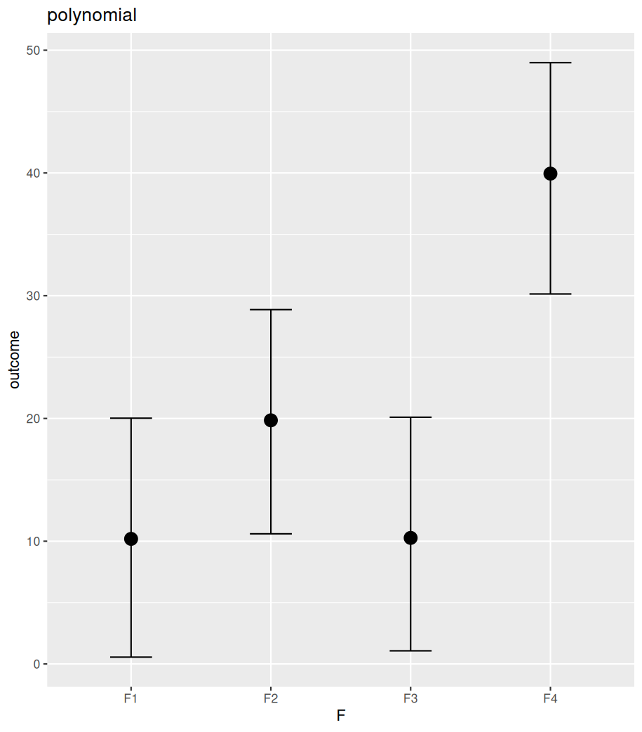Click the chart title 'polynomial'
(91, 15)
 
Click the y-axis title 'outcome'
(14, 359)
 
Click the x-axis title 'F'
(341, 716)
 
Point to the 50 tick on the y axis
(33, 51)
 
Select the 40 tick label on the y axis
(33, 174)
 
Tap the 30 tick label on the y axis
(33, 296)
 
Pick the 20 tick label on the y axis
(33, 419)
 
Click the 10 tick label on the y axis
(33, 542)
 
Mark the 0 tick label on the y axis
(36, 664)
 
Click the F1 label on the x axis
(131, 698)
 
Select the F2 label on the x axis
(271, 698)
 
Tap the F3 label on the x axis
(410, 698)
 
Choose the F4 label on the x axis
(550, 698)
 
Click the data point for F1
(131, 539)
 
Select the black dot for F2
(271, 420)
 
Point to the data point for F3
(410, 538)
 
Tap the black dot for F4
(550, 174)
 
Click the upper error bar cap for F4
(550, 63)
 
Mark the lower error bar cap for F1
(131, 657)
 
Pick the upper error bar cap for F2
(271, 310)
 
